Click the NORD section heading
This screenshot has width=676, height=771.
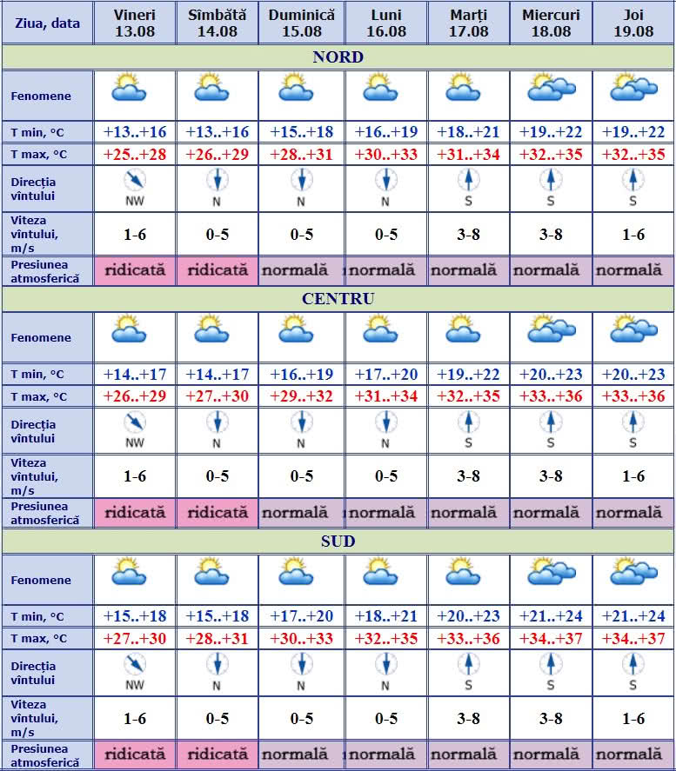click(338, 58)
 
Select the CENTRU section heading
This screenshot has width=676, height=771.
click(338, 299)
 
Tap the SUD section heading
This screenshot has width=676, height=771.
click(338, 542)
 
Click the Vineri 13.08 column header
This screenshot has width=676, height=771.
click(134, 23)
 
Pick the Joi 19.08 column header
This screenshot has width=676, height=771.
click(633, 23)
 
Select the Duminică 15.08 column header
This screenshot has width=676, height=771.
click(301, 23)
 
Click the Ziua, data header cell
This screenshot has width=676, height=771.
click(47, 23)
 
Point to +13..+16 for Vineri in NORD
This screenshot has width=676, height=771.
click(134, 132)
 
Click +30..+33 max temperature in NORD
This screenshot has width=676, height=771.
click(386, 154)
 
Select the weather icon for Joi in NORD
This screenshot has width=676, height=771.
click(633, 88)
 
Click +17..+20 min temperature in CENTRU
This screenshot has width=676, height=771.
click(386, 375)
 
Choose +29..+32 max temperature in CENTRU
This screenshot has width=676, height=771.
click(301, 396)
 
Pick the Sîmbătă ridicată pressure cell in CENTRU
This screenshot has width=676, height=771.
click(218, 513)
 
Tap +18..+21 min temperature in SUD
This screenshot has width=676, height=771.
click(386, 616)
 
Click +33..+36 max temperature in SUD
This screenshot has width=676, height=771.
click(468, 639)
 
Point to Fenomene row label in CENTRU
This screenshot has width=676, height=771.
click(41, 338)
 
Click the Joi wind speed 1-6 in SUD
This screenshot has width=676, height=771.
click(633, 719)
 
